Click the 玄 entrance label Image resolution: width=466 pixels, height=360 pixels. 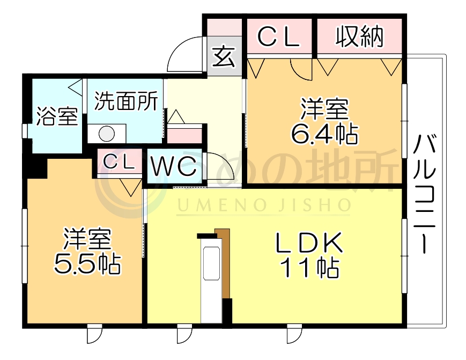[224, 56]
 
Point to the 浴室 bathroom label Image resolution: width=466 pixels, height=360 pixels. [56, 116]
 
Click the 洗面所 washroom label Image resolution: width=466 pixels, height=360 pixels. [125, 101]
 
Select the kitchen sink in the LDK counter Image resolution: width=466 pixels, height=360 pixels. [210, 264]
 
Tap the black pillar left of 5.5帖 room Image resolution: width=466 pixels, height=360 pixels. [36, 168]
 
